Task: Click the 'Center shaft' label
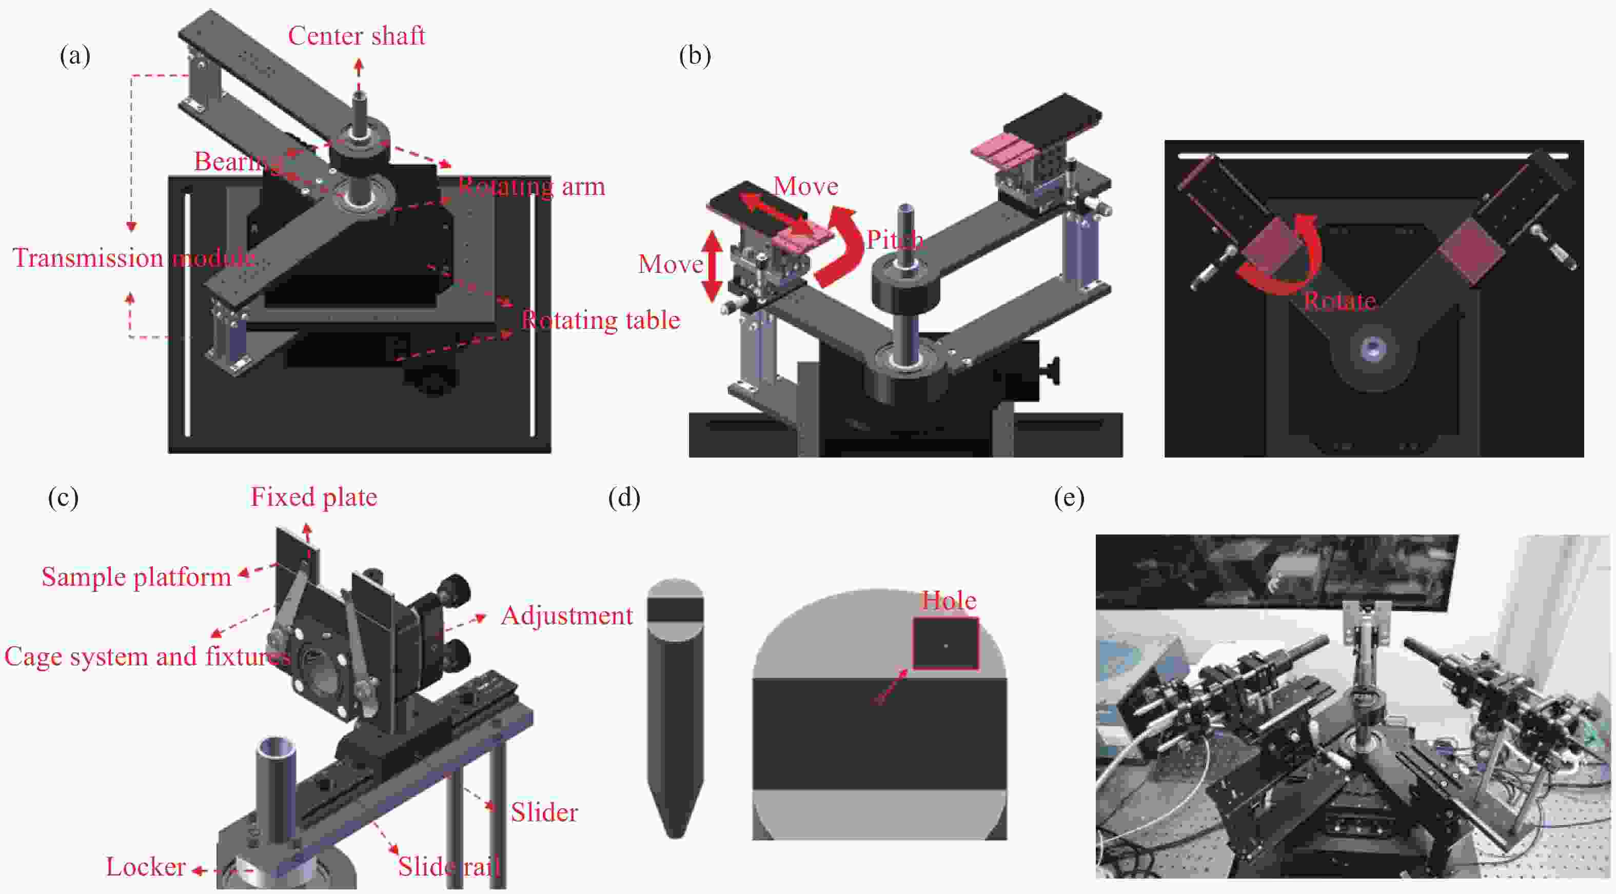357,36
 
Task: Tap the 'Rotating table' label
600,321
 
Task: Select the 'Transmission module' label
133,258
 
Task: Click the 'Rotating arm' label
531,186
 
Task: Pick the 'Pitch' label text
895,240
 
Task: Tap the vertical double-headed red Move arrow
712,265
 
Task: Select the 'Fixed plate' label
313,497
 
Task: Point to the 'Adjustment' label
566,615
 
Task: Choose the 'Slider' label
544,812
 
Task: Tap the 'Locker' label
146,867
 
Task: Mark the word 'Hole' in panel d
949,601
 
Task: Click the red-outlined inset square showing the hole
945,644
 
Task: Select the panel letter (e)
1069,498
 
